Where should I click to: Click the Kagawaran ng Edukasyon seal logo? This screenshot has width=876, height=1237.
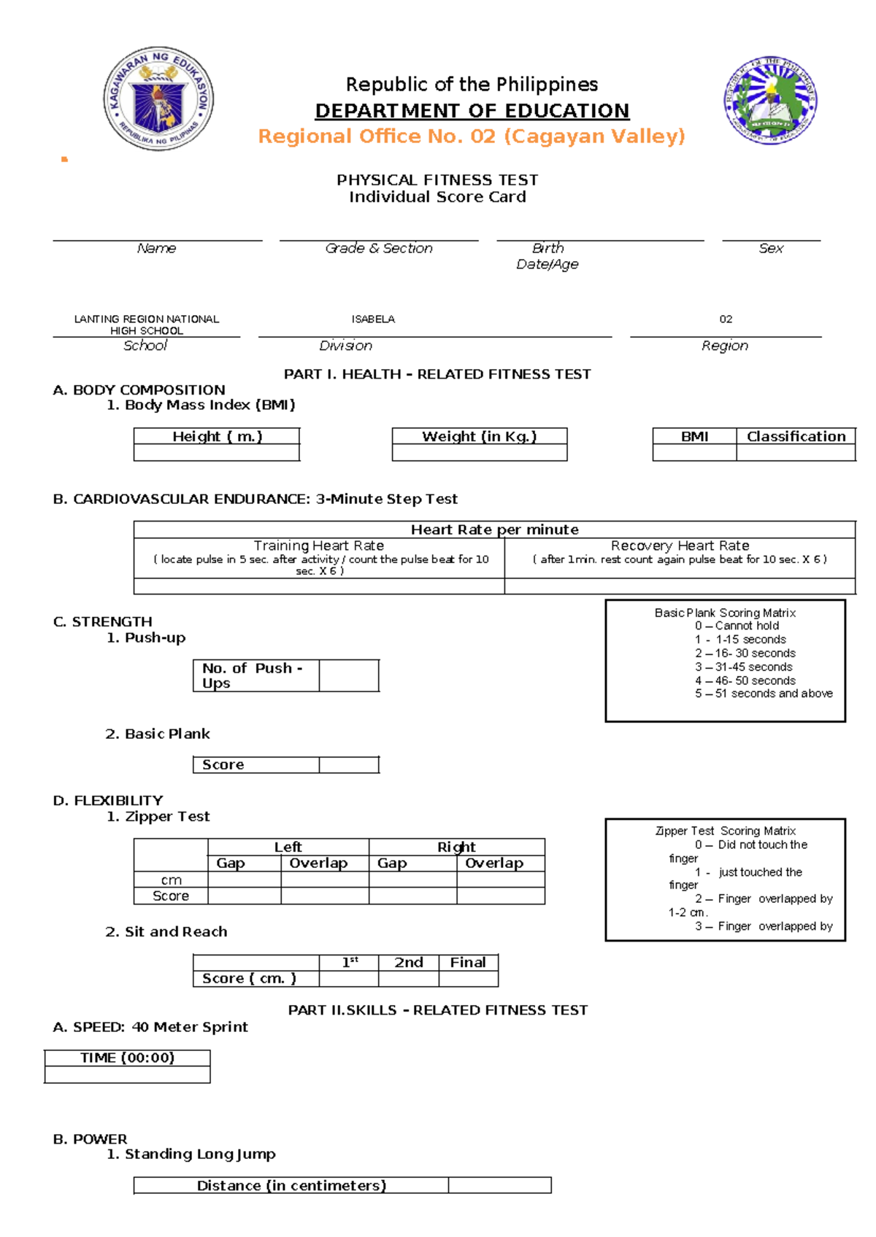click(x=158, y=98)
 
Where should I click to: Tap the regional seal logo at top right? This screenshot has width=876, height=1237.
click(x=770, y=100)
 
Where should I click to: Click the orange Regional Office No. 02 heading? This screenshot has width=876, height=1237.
click(x=472, y=136)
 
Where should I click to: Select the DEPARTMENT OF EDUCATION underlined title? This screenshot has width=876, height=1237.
click(x=472, y=111)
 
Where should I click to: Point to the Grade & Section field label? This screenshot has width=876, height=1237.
click(x=378, y=249)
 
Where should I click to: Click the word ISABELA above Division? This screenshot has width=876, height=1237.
click(x=373, y=319)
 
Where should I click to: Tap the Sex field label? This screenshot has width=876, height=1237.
click(x=771, y=249)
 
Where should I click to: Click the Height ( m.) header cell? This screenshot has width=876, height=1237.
click(x=217, y=436)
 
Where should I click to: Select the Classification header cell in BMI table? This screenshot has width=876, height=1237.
click(x=796, y=436)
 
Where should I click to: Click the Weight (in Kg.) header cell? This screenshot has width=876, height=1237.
click(x=479, y=436)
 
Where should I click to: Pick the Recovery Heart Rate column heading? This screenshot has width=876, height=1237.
click(x=680, y=546)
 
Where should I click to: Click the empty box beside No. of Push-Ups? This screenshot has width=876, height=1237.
click(x=349, y=675)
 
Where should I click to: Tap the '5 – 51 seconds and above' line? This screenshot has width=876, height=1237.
click(x=764, y=694)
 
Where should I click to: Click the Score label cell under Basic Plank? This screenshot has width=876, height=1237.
click(x=255, y=764)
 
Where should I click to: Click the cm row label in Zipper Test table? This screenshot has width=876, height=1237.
click(x=171, y=880)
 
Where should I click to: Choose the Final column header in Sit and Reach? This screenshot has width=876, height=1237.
click(x=468, y=963)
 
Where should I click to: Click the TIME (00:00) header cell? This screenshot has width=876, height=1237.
click(x=127, y=1058)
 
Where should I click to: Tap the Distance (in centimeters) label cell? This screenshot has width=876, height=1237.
click(x=291, y=1185)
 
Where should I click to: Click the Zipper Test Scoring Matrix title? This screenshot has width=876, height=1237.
click(x=725, y=831)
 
